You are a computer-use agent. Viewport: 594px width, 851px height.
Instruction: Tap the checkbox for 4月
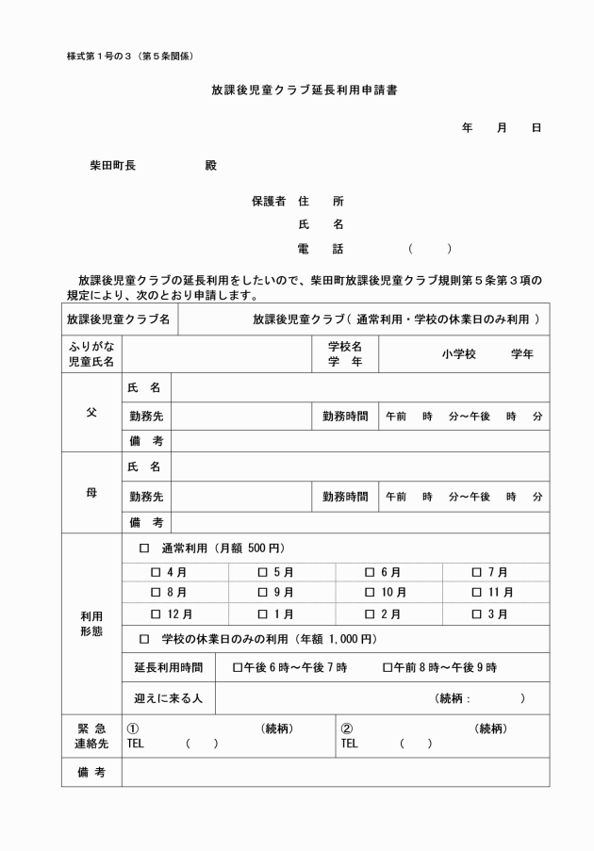[157, 572]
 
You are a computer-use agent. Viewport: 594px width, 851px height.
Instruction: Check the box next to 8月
[157, 593]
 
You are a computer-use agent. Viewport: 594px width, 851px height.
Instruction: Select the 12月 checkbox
[157, 614]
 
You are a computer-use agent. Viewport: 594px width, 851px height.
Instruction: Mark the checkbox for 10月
[371, 593]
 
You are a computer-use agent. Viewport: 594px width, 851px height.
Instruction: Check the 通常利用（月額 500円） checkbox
[144, 548]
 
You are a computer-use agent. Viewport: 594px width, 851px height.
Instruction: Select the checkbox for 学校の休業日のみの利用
[144, 640]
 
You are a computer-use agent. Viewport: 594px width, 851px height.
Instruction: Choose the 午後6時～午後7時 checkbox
[238, 667]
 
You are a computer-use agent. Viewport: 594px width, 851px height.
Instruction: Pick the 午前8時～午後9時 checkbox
[388, 667]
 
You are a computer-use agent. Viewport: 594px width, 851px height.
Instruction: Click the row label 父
[91, 413]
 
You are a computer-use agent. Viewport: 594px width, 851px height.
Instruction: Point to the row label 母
[91, 492]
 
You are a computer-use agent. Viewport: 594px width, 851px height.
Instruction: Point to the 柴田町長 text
[112, 165]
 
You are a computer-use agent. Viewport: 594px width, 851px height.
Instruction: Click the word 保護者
[269, 201]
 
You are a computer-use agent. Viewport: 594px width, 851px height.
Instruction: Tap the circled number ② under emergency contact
[346, 728]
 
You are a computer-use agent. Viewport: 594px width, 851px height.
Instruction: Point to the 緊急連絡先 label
[91, 735]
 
